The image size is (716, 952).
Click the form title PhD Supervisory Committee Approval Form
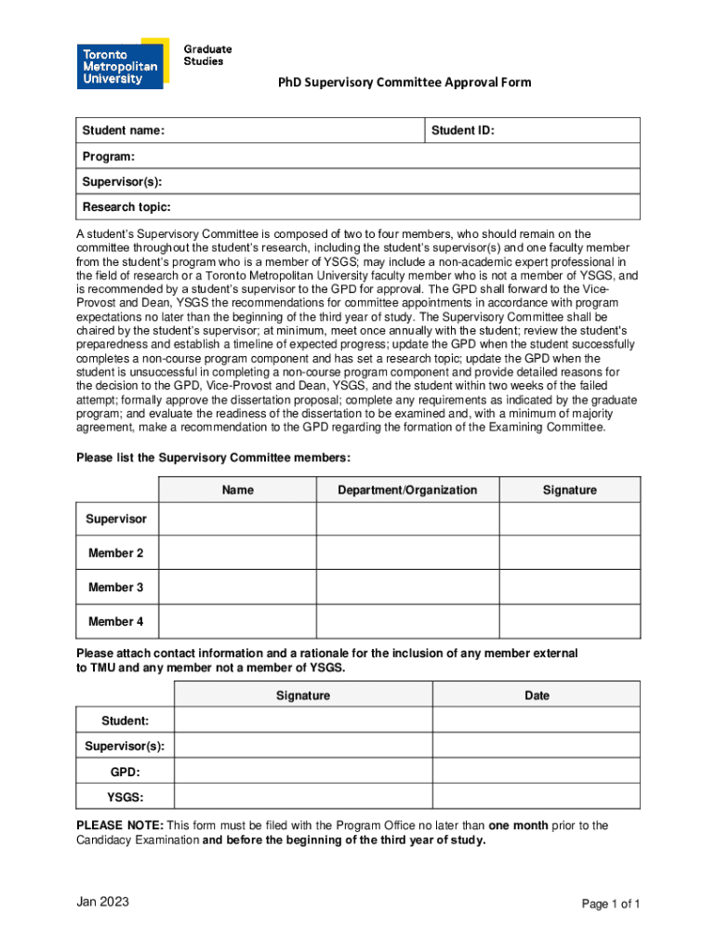tap(404, 83)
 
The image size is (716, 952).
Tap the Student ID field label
tap(462, 131)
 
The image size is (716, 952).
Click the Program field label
tap(109, 156)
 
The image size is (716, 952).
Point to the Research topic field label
tap(126, 206)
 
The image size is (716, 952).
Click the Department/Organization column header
tap(408, 490)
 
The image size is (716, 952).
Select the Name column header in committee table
tap(238, 490)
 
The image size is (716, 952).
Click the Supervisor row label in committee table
tap(116, 519)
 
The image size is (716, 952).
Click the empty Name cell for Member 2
tap(238, 553)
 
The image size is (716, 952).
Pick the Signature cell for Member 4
tap(569, 621)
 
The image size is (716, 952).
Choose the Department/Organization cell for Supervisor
tap(408, 519)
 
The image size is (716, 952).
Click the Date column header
tap(537, 694)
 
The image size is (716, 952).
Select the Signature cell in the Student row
tap(303, 721)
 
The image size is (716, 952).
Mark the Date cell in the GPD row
tap(537, 772)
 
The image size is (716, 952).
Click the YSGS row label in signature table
tap(126, 797)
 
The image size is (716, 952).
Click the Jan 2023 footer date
tap(102, 903)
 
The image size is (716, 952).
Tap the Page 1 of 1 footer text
tap(611, 904)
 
